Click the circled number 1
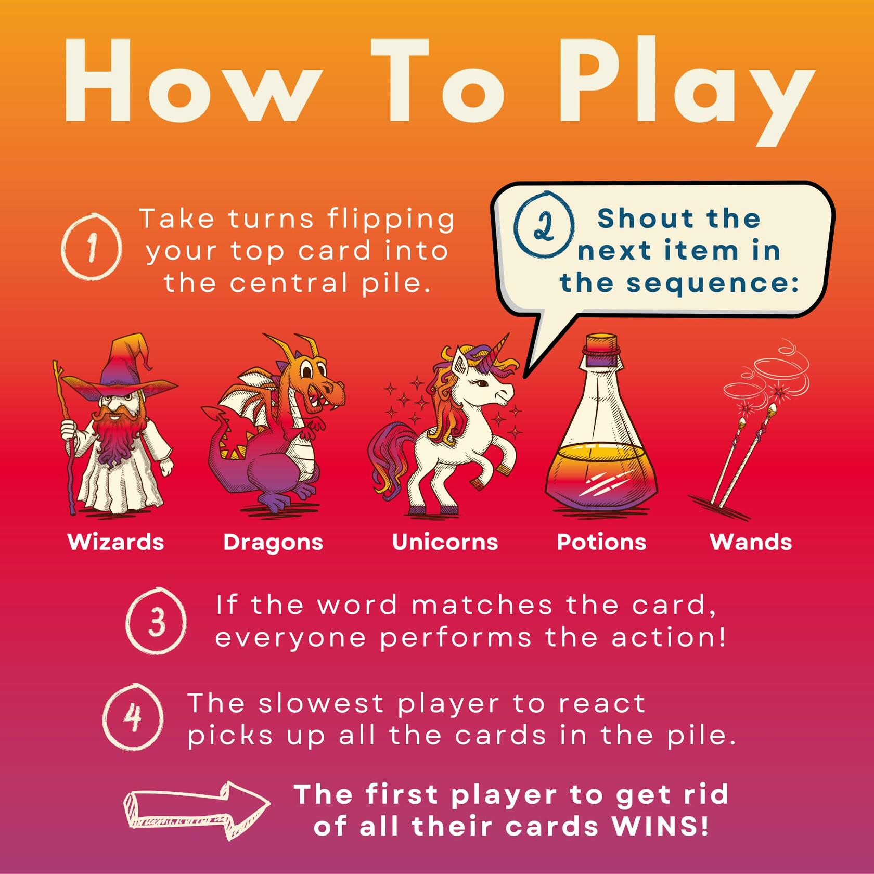click(x=92, y=247)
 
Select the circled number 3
click(x=156, y=621)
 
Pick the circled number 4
click(x=133, y=716)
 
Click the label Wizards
click(x=115, y=542)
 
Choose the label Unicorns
click(x=445, y=542)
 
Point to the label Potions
click(x=601, y=542)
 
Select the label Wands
click(x=751, y=542)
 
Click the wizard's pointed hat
click(x=125, y=369)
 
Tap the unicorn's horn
click(x=500, y=346)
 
